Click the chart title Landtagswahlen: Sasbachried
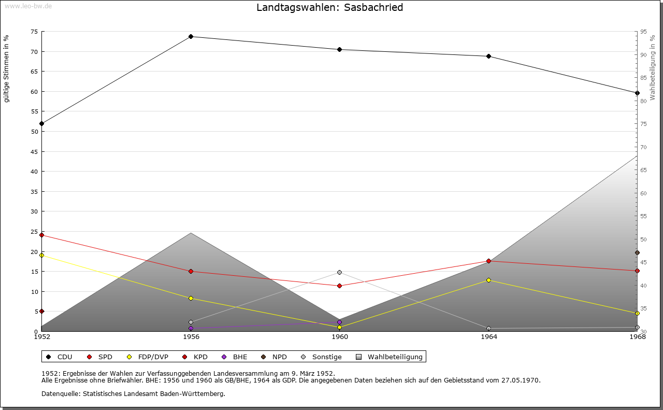[329, 8]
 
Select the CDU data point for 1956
[191, 36]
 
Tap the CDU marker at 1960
[339, 49]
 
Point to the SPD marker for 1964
[488, 261]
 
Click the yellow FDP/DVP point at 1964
[488, 280]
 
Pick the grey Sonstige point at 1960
[339, 272]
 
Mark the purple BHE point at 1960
[339, 322]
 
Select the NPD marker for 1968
[637, 253]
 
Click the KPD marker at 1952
[41, 311]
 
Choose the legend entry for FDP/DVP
[150, 357]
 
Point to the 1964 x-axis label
[488, 337]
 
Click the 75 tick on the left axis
[34, 32]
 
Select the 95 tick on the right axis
[643, 32]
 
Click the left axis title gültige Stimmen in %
[6, 68]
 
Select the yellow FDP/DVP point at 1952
[41, 255]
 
